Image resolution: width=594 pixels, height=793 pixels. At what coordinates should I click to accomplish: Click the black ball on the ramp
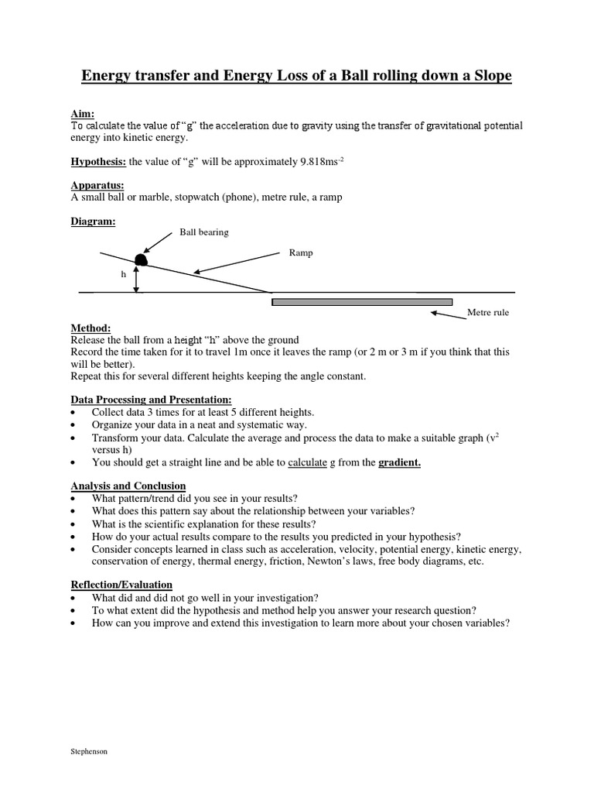click(141, 259)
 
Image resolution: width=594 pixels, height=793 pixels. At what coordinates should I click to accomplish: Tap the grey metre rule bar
click(362, 301)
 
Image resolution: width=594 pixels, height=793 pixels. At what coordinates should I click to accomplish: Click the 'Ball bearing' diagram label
click(204, 232)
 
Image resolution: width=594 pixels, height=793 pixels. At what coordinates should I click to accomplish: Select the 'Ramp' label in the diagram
click(300, 252)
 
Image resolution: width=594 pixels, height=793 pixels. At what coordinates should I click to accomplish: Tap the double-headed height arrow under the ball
click(136, 279)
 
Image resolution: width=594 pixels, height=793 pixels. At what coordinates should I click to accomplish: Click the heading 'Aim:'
click(82, 113)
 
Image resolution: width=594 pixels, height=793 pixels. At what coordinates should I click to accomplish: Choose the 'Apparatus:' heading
click(97, 186)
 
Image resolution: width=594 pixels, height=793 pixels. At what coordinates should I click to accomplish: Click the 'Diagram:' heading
click(93, 221)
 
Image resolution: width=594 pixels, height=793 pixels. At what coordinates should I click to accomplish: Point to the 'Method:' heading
click(90, 328)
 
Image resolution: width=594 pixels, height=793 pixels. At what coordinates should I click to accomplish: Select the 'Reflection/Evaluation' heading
click(121, 585)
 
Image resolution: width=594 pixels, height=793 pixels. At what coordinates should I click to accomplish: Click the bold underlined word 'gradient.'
click(399, 463)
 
